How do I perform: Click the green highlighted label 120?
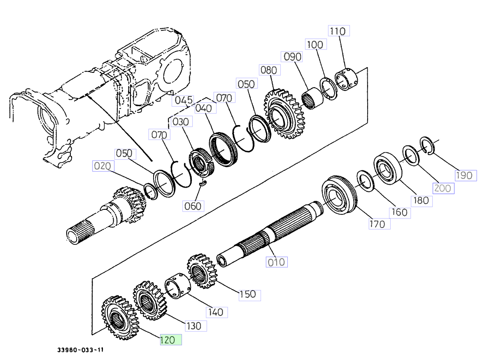point(170,340)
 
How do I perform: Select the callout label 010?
point(276,262)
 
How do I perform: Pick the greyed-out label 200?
point(442,188)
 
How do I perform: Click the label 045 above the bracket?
point(183,100)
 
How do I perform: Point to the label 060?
point(193,206)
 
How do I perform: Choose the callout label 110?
point(339,31)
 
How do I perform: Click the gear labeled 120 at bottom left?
point(117,315)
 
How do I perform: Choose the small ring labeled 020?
point(151,191)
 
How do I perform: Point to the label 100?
point(315,44)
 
